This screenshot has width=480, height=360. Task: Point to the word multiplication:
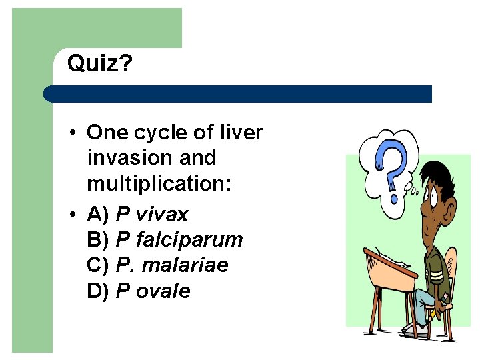(x=159, y=183)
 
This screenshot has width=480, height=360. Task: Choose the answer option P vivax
(x=152, y=215)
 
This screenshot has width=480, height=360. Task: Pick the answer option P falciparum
(x=179, y=240)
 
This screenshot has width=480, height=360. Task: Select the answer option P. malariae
(x=172, y=265)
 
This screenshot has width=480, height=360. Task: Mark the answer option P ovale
(x=153, y=291)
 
